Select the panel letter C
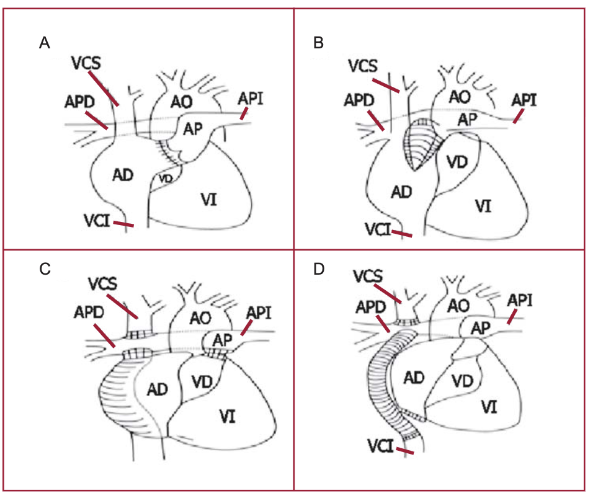(44, 269)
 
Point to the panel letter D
(319, 269)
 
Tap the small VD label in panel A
(164, 177)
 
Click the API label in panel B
(524, 99)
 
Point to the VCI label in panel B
(378, 231)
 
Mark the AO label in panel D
(458, 304)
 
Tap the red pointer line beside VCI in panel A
(124, 223)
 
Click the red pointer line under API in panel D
(513, 317)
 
